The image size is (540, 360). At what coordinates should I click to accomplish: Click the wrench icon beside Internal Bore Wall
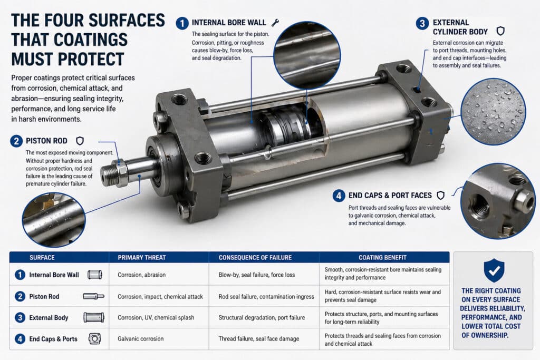275,23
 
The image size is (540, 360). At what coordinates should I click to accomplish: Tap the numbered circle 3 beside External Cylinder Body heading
422,23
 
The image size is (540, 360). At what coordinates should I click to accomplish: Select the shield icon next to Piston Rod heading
80,141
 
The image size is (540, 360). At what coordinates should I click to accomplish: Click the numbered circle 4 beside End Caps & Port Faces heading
339,196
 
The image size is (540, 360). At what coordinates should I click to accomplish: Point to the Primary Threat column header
141,257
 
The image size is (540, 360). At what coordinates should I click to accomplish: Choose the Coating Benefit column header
382,257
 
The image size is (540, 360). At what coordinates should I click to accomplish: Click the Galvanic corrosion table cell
140,339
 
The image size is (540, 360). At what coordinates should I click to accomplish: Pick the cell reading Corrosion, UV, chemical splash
156,318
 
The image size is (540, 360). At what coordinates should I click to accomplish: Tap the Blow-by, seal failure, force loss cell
257,275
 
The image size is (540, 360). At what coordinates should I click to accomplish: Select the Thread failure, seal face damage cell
258,339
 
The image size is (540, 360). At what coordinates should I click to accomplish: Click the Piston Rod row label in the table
44,296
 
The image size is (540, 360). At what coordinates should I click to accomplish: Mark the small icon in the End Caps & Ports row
94,339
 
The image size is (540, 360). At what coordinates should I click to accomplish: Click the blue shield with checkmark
494,270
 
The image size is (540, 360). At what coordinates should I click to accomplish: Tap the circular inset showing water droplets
493,112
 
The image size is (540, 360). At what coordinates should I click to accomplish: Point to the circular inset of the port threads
497,201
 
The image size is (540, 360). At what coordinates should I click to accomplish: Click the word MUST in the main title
32,59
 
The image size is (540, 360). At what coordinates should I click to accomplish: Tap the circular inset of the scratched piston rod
54,220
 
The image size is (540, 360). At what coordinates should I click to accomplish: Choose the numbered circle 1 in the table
20,275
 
